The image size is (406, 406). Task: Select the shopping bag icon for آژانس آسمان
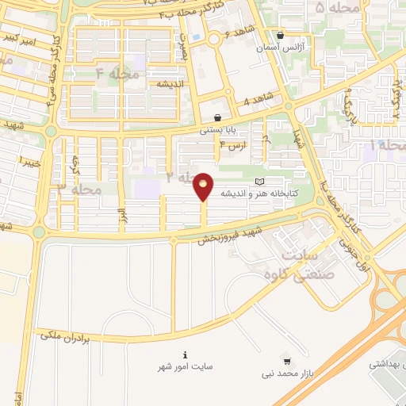[x=281, y=35]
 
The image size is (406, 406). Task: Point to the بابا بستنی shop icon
[x=217, y=117]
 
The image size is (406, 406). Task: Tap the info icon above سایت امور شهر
[x=186, y=354]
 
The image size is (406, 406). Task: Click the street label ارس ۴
[x=232, y=147]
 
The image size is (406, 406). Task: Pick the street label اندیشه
[x=170, y=84]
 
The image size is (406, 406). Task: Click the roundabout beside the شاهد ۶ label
[x=215, y=39]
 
